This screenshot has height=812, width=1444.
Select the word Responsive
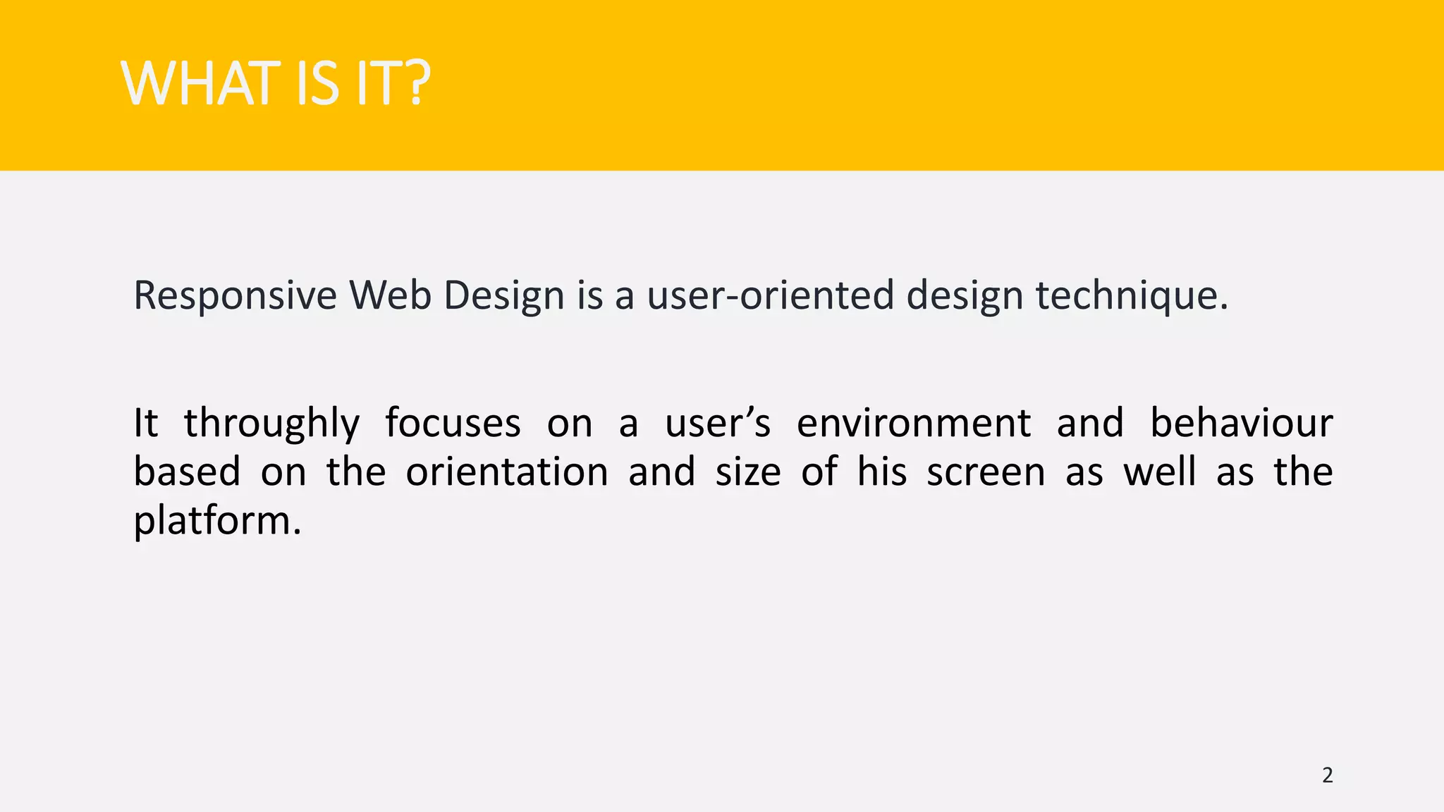click(235, 295)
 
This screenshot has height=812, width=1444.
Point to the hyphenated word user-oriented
click(771, 295)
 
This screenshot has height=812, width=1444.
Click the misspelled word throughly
click(271, 424)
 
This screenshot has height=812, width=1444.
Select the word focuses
click(453, 424)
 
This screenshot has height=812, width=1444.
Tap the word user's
click(718, 424)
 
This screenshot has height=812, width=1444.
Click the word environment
click(914, 424)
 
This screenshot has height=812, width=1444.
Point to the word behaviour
click(1241, 424)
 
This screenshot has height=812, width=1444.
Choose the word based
click(188, 472)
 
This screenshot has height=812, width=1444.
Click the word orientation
click(506, 472)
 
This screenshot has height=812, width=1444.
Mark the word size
click(748, 472)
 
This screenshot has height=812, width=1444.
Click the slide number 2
click(1327, 775)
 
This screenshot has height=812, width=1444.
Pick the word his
click(881, 472)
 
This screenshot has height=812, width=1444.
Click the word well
click(1159, 472)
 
